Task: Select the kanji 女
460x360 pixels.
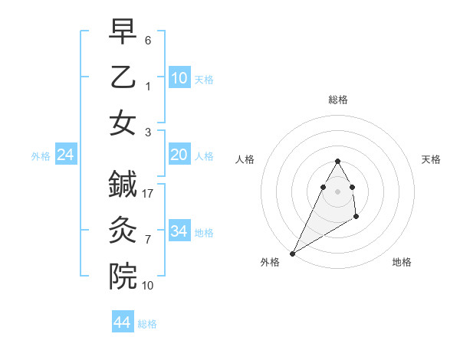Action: coord(123,123)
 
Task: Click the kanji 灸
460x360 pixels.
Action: coord(123,228)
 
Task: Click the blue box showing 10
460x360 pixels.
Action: coord(179,77)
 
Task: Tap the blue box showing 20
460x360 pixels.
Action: coord(179,155)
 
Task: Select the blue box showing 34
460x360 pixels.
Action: coord(179,231)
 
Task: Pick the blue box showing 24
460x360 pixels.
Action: coord(66,155)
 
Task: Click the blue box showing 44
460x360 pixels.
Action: coord(123,322)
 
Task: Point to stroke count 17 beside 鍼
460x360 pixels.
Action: coord(149,194)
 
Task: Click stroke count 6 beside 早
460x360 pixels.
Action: coord(148,39)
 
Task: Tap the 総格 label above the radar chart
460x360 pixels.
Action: coord(337,100)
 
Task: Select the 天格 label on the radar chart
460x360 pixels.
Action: coord(432,159)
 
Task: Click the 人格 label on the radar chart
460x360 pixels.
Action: coord(245,159)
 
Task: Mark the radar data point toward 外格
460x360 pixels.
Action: coord(292,254)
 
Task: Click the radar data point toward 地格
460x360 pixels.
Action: coord(356,218)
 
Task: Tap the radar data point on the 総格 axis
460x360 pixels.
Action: coord(337,161)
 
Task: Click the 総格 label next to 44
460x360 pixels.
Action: coord(147,324)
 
